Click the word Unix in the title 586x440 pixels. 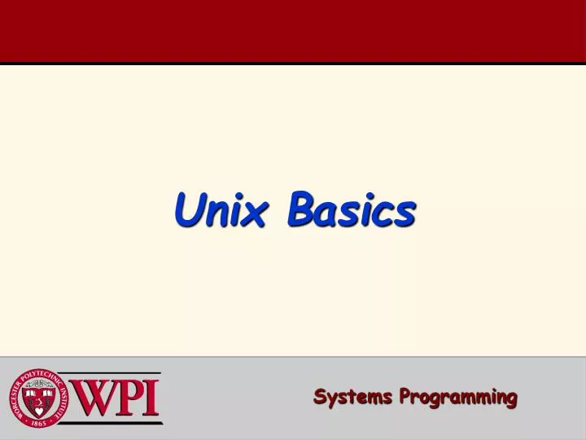coord(221,210)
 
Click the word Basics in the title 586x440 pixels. coord(351,210)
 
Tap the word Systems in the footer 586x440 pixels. coord(353,398)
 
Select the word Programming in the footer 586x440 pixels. coord(458,398)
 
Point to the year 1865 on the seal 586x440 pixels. coord(40,424)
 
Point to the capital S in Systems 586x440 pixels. coord(321,397)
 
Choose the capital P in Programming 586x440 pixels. coord(405,397)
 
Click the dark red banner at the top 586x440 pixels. coord(293,31)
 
